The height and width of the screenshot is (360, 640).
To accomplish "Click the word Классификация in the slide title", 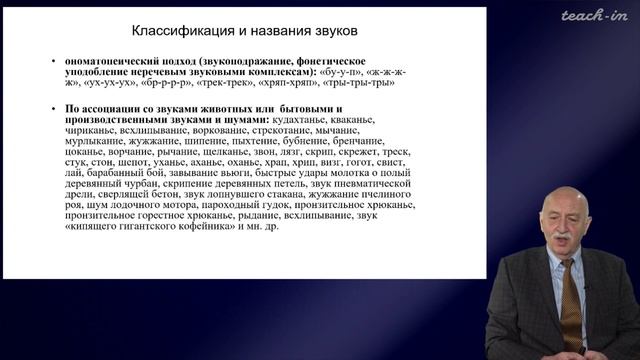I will (x=177, y=29).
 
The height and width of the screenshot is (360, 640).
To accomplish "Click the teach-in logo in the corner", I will (x=592, y=15).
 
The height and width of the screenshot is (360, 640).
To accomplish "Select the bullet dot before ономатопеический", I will (x=55, y=60).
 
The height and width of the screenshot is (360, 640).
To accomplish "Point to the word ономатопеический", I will (x=110, y=60).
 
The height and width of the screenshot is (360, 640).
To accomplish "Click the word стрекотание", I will (x=272, y=131).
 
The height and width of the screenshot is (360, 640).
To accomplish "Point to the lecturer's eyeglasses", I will (x=557, y=221).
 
